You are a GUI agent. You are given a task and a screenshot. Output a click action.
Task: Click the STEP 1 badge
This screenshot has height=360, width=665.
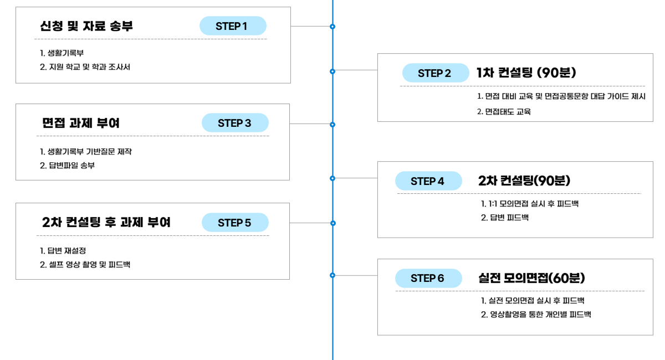coord(233,26)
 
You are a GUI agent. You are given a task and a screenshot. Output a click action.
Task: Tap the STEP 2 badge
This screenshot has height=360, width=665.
coord(436,73)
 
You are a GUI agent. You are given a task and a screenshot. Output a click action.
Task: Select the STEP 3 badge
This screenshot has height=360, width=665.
coord(235,122)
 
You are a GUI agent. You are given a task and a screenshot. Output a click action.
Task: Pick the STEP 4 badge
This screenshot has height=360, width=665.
coord(428,181)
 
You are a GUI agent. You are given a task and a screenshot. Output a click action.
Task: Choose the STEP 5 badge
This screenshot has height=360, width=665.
coord(235,222)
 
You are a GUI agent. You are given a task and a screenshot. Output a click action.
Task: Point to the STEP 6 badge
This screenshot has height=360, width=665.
coord(428,278)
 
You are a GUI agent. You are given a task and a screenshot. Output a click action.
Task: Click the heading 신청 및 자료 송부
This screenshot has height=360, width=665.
coord(86,26)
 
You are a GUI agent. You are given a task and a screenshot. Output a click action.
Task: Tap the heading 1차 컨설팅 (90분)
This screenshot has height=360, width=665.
coord(526,73)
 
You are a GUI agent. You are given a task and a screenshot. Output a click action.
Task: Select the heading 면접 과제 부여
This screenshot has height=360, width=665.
coord(81,123)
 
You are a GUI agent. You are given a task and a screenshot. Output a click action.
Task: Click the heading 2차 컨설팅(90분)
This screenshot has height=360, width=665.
coord(524,181)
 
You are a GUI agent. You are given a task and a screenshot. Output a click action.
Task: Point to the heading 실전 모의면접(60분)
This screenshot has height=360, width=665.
coord(531,278)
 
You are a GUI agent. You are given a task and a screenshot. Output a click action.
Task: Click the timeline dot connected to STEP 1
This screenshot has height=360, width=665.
coord(332,27)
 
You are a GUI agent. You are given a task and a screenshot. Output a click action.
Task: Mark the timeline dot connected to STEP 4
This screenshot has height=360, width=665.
coord(332,178)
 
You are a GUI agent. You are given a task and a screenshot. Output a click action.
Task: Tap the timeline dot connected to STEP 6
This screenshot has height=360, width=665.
coord(332,275)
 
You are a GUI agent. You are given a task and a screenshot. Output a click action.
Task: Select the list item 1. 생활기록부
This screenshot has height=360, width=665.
coord(62,53)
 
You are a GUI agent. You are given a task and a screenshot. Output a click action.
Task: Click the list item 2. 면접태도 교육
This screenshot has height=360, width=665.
coord(504,111)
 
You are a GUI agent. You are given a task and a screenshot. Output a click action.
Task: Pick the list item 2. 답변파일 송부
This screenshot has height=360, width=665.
coord(67,165)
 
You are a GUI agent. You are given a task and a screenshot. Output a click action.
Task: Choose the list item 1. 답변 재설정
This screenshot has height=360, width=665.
coord(63,251)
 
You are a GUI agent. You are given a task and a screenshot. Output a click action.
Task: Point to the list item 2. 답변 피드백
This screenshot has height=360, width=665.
coord(505,218)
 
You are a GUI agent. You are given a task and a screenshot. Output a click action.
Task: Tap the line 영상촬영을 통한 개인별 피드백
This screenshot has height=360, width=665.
coord(540,314)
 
